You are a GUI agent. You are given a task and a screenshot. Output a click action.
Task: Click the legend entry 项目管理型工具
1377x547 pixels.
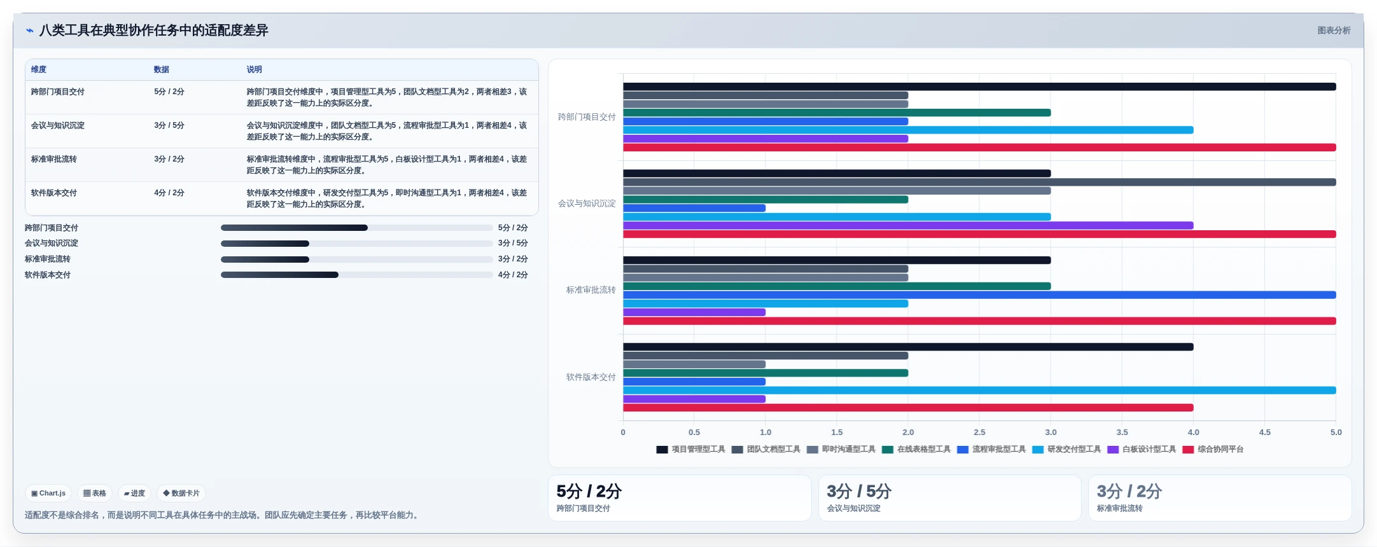(690, 449)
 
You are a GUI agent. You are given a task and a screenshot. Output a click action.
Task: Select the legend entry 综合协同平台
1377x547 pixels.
(1213, 449)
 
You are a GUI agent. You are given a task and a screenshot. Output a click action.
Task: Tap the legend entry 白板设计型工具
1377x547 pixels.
(1142, 449)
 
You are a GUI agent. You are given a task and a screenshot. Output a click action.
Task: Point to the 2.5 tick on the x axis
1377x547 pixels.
(979, 432)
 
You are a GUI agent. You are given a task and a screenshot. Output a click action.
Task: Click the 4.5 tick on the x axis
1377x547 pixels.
(1264, 432)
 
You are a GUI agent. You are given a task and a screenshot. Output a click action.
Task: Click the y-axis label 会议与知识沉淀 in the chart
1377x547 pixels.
(587, 204)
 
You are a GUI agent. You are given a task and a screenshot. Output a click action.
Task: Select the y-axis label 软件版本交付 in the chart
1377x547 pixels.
(591, 377)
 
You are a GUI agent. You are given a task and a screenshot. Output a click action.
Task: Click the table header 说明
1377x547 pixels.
(255, 69)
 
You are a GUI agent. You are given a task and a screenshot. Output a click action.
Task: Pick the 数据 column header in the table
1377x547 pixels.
(162, 69)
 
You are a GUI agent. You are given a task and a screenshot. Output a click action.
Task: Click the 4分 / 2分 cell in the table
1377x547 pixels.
(169, 193)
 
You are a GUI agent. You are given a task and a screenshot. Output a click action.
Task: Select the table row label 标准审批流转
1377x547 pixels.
(54, 159)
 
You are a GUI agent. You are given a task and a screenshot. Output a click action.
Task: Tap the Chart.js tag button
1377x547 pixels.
(48, 493)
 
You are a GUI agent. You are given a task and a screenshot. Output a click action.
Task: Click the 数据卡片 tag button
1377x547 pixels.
(181, 493)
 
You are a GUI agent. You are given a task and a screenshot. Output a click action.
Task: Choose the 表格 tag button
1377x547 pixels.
(95, 493)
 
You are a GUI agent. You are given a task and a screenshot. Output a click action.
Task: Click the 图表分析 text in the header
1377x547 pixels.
(1334, 31)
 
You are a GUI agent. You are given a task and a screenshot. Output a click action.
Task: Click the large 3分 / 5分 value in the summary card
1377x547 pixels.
(859, 491)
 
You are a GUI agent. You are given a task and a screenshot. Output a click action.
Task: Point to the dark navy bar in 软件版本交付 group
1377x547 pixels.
(908, 347)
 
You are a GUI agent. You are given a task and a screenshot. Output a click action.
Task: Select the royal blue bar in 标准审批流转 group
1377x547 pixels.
(979, 295)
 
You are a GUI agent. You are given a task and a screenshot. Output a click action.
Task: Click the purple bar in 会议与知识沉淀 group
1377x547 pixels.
(908, 226)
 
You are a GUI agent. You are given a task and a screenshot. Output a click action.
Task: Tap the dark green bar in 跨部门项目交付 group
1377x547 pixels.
(837, 113)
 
